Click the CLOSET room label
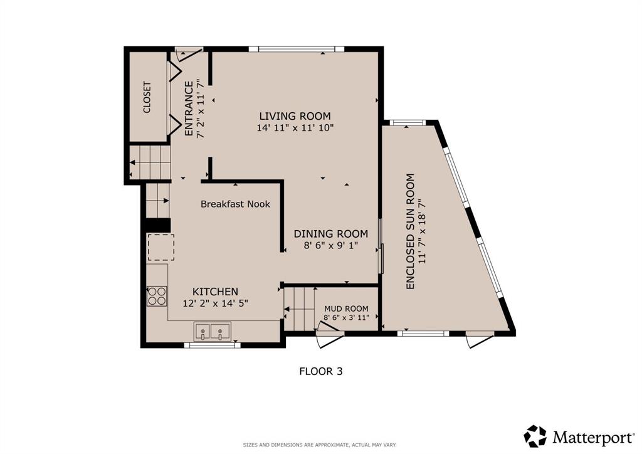(147, 97)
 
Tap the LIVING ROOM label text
(295, 116)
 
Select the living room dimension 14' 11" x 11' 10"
(295, 128)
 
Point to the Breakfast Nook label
(236, 204)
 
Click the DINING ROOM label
(331, 234)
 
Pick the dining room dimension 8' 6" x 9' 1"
(331, 246)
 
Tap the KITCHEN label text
(216, 292)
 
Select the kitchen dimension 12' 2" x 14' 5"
(216, 304)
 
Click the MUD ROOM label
(346, 309)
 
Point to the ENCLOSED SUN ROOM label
(410, 232)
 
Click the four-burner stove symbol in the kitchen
(157, 296)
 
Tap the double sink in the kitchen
(212, 331)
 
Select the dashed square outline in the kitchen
(161, 247)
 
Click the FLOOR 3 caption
(321, 371)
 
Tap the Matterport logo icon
(535, 436)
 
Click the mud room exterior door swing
(330, 334)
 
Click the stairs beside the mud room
(299, 309)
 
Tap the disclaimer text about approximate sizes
(320, 445)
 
